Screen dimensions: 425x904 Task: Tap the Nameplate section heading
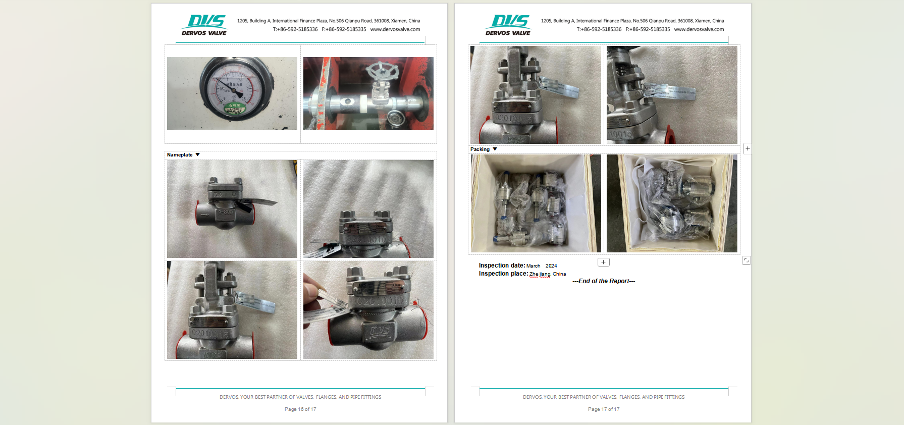(180, 155)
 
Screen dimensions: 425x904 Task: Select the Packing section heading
(480, 149)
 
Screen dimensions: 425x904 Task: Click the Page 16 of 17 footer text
(300, 409)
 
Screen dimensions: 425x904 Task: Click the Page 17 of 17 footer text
(604, 409)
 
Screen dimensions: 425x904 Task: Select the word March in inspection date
(533, 266)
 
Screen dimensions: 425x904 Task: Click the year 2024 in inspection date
(551, 266)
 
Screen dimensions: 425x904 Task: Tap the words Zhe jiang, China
(548, 274)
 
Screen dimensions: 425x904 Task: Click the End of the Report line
(604, 281)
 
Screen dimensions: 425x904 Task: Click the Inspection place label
(503, 274)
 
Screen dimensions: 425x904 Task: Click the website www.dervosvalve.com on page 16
(395, 29)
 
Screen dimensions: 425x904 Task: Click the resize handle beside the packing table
(746, 260)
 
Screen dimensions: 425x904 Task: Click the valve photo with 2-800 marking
(232, 209)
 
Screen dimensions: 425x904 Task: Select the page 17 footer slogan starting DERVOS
(604, 397)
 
